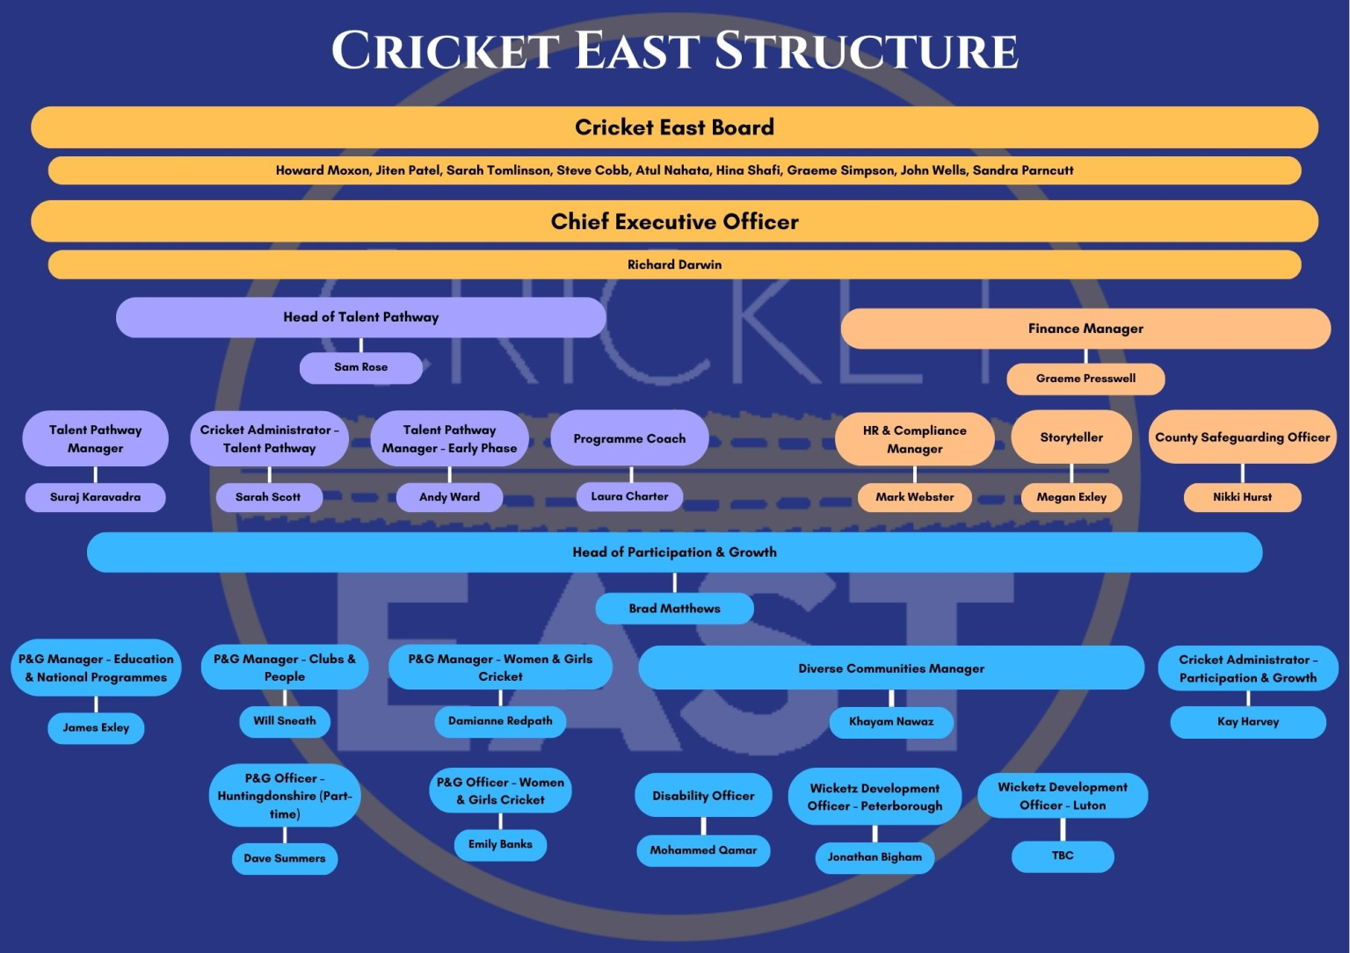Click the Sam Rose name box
[360, 367]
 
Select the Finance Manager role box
[1085, 328]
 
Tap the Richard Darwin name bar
[674, 264]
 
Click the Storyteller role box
[1071, 437]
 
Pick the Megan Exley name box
[1071, 497]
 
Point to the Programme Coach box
[629, 438]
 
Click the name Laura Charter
[629, 496]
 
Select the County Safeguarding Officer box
[1242, 437]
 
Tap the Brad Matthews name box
[674, 609]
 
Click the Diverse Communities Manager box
[891, 668]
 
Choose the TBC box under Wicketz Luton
[1062, 856]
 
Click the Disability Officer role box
[703, 796]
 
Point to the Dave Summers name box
[284, 858]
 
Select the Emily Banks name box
[500, 844]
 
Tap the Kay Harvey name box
[1247, 722]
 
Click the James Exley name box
[96, 727]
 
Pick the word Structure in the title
[866, 51]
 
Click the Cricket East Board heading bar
[674, 127]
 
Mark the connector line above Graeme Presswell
[1085, 356]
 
